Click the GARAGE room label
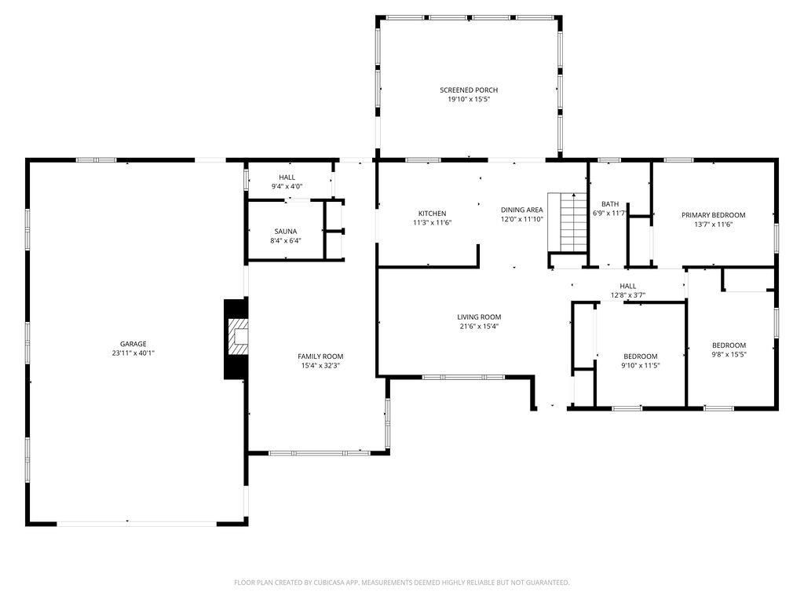coord(133,344)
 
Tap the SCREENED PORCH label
coord(469,90)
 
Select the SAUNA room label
coord(286,232)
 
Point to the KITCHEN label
coord(433,214)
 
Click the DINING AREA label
coord(521,210)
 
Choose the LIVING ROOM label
coord(479,317)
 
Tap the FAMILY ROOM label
coord(320,356)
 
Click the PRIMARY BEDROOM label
coord(713,215)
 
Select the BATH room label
coord(610,204)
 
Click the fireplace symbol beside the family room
coord(236,339)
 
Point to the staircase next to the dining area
coord(567,222)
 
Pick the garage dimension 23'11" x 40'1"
coord(133,353)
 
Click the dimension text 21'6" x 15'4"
coord(479,326)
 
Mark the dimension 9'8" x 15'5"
coord(729,354)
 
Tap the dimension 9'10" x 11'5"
coord(641,366)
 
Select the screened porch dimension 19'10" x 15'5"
coord(469,100)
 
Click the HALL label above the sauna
coord(287,177)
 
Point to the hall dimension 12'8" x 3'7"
coord(627,295)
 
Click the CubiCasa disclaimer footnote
coord(401,583)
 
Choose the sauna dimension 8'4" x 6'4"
coord(286,240)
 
